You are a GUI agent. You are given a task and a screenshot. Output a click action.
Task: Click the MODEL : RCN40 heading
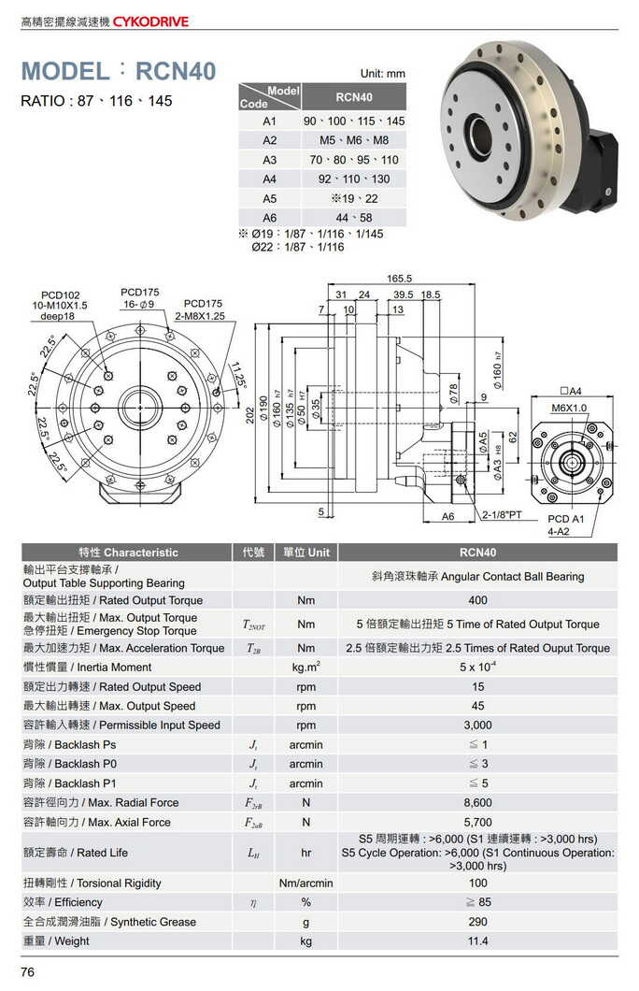119,72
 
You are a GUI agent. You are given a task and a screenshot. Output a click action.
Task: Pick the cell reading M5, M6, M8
353,140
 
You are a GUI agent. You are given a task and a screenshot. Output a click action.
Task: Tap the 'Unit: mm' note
383,73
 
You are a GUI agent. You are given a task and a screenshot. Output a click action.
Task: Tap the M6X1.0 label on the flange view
568,408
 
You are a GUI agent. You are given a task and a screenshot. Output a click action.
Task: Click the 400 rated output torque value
477,600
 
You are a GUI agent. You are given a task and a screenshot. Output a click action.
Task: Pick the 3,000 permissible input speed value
477,725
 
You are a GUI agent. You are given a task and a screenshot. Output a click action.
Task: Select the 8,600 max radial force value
477,803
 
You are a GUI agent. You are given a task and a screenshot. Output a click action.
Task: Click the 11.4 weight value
477,941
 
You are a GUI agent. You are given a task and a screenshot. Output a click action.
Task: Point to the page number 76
28,973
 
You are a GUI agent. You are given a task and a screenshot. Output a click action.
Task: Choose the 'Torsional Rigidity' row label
92,883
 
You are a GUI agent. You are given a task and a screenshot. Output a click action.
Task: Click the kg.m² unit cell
305,668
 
